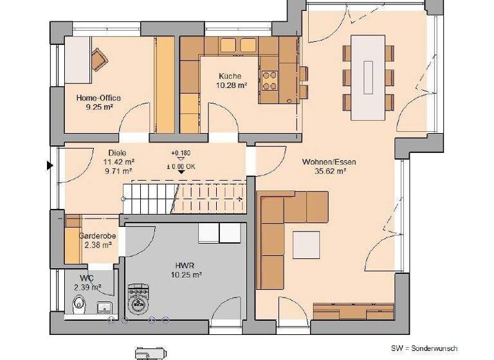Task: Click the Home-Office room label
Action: tap(98, 98)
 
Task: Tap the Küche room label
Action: tap(230, 75)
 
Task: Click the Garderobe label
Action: tap(98, 236)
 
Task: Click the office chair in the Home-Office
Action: tap(99, 60)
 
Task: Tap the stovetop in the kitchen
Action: tap(270, 79)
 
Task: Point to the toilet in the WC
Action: tap(78, 304)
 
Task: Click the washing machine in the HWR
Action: tap(138, 298)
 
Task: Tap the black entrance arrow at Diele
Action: tap(49, 166)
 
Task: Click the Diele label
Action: tap(117, 153)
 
